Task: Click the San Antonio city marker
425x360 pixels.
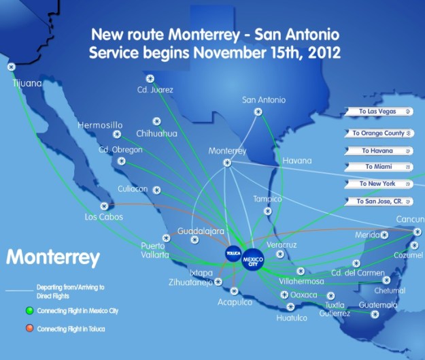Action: [x=258, y=112]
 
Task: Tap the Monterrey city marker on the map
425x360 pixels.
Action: [x=227, y=163]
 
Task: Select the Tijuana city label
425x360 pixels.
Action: [x=27, y=84]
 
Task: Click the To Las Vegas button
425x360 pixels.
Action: [x=378, y=111]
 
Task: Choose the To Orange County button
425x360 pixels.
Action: [x=378, y=133]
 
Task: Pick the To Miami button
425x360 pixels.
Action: [x=378, y=167]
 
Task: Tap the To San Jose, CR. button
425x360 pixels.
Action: [x=378, y=201]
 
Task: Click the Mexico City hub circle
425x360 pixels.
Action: [x=252, y=261]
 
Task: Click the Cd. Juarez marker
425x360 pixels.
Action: [x=150, y=78]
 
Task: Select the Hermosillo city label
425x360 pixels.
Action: [x=100, y=125]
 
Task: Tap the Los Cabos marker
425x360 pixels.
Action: [x=104, y=206]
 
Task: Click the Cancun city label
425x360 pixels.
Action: [x=411, y=219]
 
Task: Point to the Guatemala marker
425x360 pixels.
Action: [x=375, y=314]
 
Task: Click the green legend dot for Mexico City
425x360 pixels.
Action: [x=29, y=311]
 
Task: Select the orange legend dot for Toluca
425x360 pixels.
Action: [x=29, y=329]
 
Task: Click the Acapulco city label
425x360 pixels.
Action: [x=235, y=301]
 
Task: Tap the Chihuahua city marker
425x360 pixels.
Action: [x=156, y=121]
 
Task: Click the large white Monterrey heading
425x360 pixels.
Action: [x=53, y=258]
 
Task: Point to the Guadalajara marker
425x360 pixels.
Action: [x=195, y=240]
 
